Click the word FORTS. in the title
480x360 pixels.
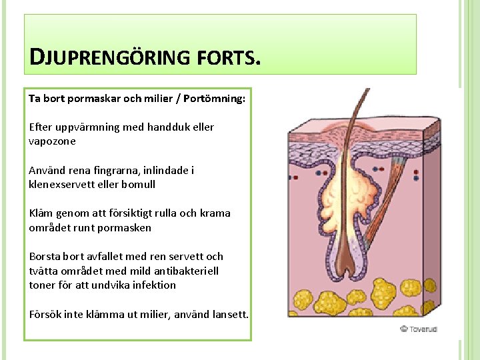(x=227, y=58)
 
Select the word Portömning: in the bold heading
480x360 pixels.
(x=213, y=99)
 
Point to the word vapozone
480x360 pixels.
(x=52, y=141)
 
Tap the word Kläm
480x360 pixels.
(x=39, y=213)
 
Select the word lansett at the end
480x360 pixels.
(x=230, y=314)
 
